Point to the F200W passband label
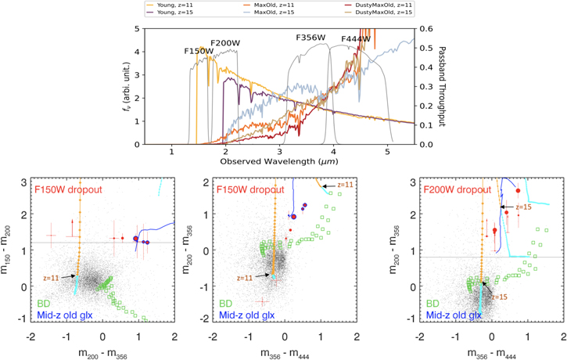[225, 42]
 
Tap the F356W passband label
[310, 38]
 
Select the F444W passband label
[357, 39]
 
